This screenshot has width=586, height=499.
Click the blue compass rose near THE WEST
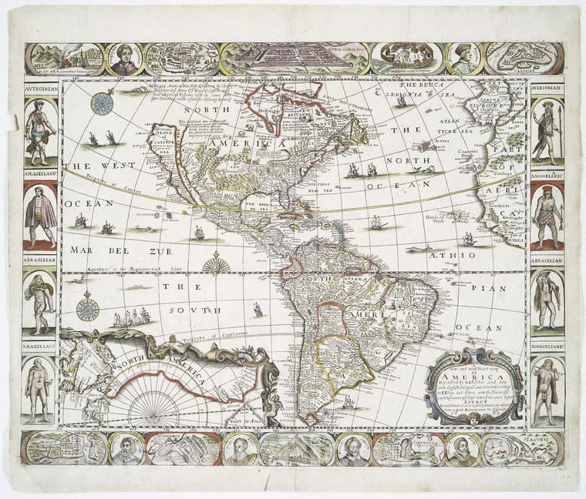(101, 103)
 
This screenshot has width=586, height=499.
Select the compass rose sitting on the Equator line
(217, 266)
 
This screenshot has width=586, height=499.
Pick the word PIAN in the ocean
(497, 289)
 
